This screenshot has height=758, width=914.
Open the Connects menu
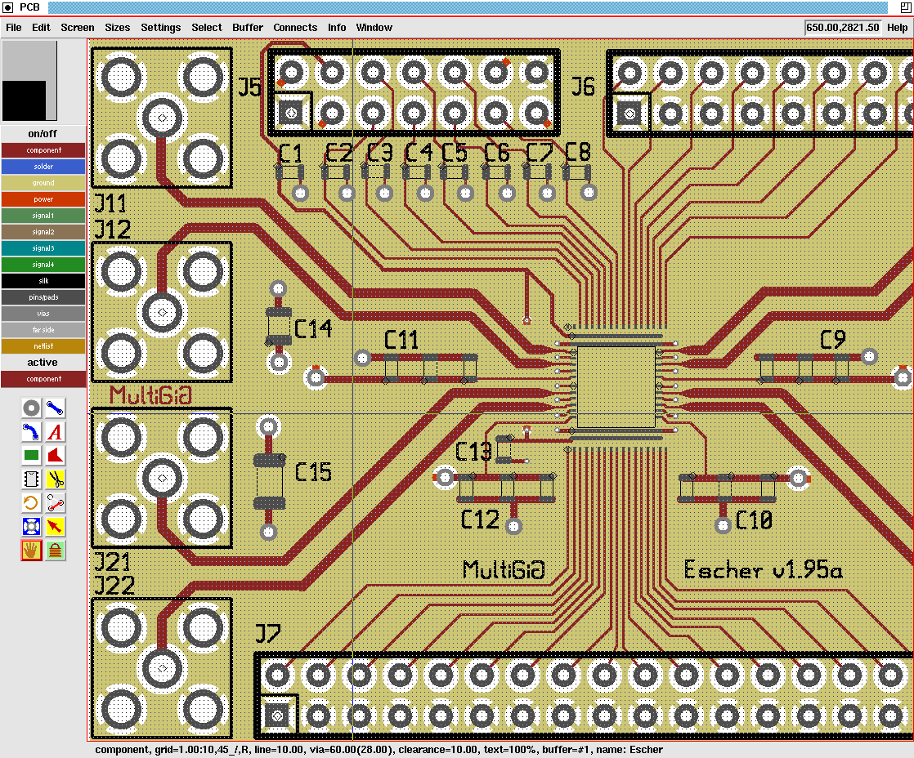(295, 27)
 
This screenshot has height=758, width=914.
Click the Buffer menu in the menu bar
(248, 27)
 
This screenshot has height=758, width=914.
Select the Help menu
(897, 27)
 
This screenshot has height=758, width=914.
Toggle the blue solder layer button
(43, 167)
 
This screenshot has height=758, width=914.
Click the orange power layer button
(43, 199)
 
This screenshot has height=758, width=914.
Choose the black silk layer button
(43, 281)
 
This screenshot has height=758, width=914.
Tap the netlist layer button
(43, 346)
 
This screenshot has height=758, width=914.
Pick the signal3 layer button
(43, 248)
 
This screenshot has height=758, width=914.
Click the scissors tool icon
(56, 479)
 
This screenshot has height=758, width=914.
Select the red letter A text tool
(56, 432)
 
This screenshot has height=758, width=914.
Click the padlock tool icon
(56, 551)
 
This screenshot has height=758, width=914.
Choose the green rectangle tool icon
(31, 456)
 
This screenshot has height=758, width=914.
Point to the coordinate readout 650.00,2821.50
(842, 27)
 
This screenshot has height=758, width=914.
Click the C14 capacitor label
(313, 328)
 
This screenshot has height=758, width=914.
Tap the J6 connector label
(583, 86)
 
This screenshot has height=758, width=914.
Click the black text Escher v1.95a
(763, 569)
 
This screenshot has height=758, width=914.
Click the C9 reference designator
(832, 340)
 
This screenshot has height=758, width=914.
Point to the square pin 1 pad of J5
(291, 113)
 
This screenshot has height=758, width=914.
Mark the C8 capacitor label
(577, 152)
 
